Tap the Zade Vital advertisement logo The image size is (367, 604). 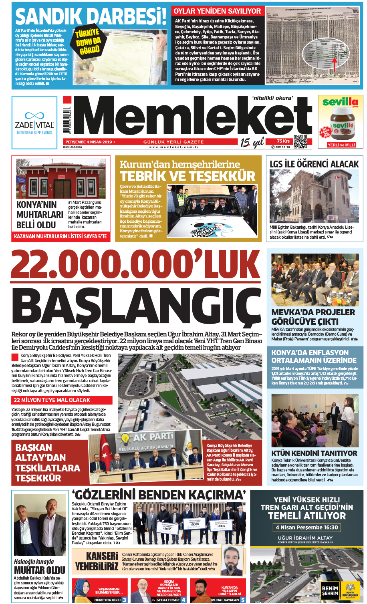(34, 122)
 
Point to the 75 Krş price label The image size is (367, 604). (283, 141)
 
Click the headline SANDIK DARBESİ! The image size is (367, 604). (91, 17)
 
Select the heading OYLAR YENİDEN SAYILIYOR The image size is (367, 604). (217, 11)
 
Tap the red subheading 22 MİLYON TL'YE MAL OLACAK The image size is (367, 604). (52, 400)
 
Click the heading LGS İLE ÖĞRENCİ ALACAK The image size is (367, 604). (314, 164)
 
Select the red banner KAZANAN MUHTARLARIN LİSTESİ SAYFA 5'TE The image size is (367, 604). (60, 236)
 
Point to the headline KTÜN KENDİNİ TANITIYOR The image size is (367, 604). (314, 453)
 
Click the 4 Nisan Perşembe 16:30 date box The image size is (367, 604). (307, 527)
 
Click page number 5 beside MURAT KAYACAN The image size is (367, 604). (243, 600)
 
